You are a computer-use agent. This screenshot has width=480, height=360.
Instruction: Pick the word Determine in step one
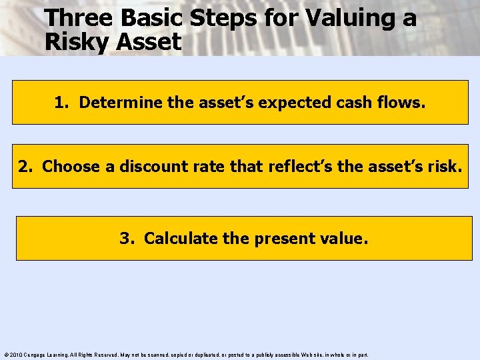click(x=115, y=103)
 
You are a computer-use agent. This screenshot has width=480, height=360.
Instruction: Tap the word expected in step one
click(x=283, y=103)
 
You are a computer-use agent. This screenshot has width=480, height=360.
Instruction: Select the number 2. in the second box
click(x=26, y=166)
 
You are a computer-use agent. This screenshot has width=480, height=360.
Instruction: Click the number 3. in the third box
click(x=127, y=238)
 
